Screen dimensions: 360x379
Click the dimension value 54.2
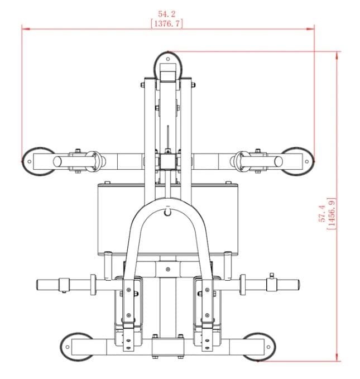[166, 14]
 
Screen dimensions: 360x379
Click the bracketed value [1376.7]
[166, 23]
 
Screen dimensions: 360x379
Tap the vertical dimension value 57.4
[322, 213]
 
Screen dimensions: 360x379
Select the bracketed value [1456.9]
[331, 214]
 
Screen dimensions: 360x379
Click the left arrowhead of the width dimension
[26, 29]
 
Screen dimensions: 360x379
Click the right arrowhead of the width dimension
[310, 29]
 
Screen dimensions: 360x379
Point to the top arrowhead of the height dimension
[337, 56]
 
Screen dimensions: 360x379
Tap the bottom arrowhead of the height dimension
[337, 357]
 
